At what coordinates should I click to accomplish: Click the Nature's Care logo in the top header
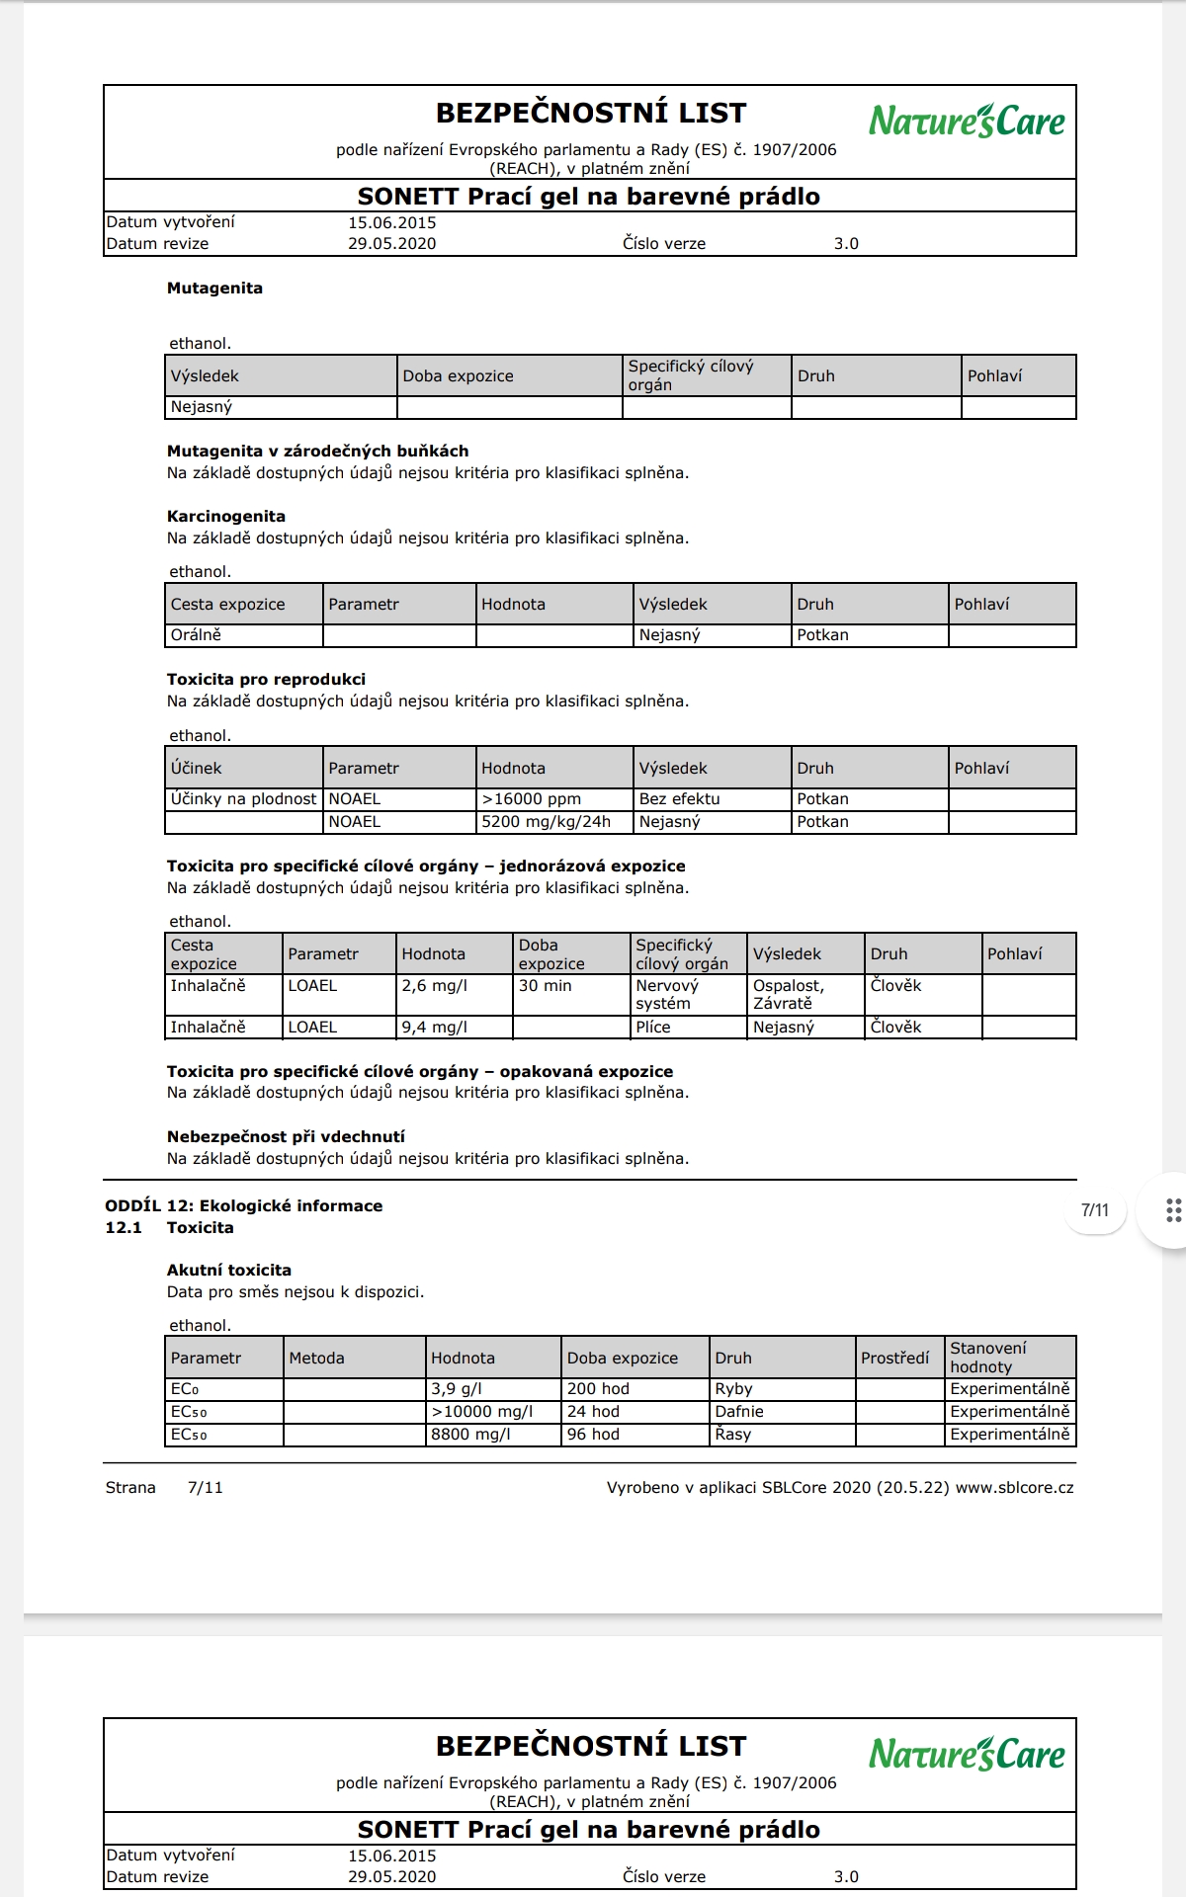967,121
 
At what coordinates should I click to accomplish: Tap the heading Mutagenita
214,289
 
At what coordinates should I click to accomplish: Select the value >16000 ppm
531,799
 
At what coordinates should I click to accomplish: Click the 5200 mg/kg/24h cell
546,822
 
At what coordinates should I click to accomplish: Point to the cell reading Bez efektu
679,799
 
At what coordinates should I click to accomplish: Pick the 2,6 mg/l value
434,986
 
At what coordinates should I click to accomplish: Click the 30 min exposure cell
545,986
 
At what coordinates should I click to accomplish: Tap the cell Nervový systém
667,994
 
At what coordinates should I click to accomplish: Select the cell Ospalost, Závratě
788,994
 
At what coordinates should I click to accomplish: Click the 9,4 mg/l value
434,1028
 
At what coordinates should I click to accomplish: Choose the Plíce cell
653,1028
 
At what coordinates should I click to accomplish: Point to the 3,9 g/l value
456,1389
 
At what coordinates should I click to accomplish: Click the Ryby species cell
733,1389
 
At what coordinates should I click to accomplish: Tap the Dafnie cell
739,1412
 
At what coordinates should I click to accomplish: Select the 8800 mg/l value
470,1435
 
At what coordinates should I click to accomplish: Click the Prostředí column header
894,1359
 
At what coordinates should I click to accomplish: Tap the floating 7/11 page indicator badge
1095,1210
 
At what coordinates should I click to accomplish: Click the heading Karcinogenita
225,517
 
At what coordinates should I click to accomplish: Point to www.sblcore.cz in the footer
1014,1488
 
